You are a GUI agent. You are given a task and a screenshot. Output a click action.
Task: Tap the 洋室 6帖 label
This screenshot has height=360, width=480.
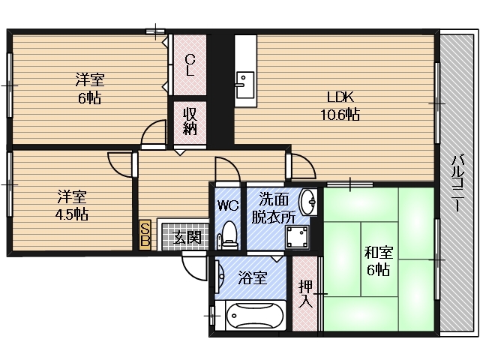point(88,88)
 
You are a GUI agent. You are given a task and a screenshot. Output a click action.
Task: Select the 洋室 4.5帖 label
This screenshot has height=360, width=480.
point(73,205)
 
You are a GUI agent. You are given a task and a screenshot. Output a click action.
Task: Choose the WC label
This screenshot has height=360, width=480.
point(227,204)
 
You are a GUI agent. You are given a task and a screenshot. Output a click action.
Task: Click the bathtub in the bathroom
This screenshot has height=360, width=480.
point(249,316)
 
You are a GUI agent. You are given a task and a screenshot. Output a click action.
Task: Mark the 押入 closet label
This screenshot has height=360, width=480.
point(305,293)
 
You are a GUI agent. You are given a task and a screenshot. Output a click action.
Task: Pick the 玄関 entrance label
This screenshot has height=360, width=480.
point(187,238)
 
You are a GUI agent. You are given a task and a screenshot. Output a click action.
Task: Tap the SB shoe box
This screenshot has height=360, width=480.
point(145,235)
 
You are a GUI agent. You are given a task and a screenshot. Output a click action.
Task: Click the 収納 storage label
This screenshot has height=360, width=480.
point(190,121)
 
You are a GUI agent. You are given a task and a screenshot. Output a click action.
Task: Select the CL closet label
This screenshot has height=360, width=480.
point(190,65)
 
